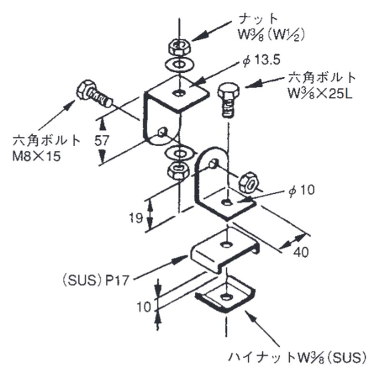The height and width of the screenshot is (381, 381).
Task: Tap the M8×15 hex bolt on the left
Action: pos(94,94)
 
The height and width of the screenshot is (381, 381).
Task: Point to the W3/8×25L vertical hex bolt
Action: pos(227,100)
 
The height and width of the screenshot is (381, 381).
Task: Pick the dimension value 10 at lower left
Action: pos(143,306)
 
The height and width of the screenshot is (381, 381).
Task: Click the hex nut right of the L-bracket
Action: pos(248,182)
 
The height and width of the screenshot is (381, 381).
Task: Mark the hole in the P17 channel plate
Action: pos(225,245)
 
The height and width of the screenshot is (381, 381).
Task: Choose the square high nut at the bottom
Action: pos(224,298)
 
